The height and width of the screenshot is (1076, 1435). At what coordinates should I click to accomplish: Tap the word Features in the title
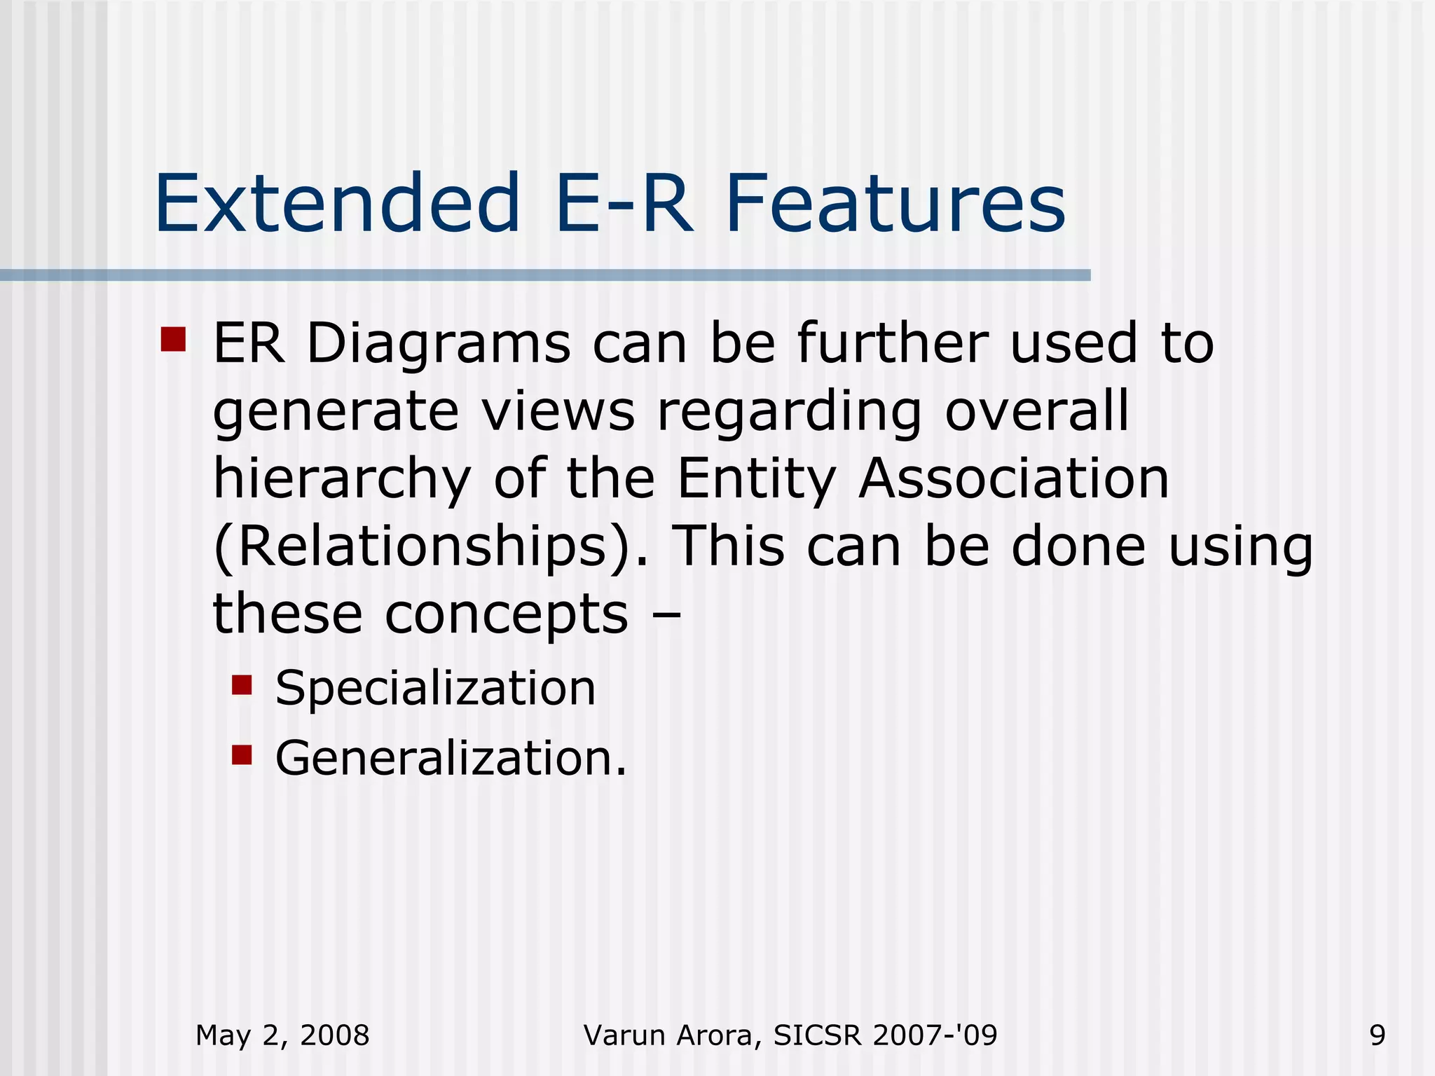click(895, 204)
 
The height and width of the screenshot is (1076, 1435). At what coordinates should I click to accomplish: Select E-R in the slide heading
click(624, 204)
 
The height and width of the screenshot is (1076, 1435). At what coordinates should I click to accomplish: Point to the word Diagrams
click(439, 345)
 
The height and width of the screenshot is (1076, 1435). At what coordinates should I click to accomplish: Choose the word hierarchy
click(342, 481)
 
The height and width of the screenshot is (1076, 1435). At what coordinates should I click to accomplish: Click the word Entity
click(757, 481)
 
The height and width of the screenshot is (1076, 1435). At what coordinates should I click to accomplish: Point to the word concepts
click(507, 614)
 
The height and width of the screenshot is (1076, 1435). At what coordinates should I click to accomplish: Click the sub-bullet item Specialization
click(435, 689)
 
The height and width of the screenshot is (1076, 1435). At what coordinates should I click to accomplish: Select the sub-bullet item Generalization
click(451, 759)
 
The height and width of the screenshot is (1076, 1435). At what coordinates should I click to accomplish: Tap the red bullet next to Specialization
click(242, 684)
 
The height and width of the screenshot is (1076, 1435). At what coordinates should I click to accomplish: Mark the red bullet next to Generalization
click(242, 754)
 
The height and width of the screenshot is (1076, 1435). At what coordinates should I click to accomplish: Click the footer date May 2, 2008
click(282, 1035)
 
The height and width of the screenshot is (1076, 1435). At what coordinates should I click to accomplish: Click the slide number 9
click(1377, 1035)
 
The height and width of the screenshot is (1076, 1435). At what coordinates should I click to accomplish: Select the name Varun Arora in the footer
click(671, 1035)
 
